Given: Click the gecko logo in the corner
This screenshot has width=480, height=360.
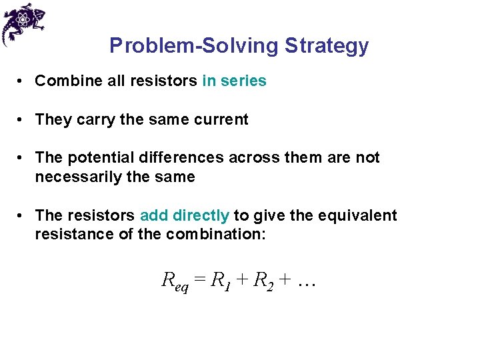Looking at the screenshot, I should click(x=23, y=23).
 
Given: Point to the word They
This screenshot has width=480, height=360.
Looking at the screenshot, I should click(x=51, y=120).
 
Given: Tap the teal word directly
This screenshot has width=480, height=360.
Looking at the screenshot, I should click(x=200, y=216).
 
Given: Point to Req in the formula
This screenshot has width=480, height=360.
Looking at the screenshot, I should click(x=175, y=281).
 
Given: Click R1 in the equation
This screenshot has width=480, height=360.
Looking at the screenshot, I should click(x=219, y=281).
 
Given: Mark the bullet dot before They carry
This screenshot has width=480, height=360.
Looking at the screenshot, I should click(x=22, y=120).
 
